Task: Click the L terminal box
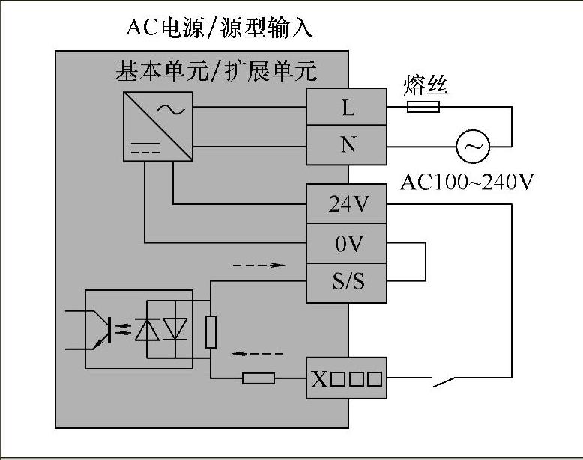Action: pyautogui.click(x=346, y=106)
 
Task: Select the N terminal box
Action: pyautogui.click(x=346, y=145)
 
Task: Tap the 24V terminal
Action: pyautogui.click(x=346, y=204)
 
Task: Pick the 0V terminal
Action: pyautogui.click(x=346, y=244)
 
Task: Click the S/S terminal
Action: pyautogui.click(x=346, y=283)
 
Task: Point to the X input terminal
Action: pyautogui.click(x=346, y=378)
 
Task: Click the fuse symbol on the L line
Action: pyautogui.click(x=423, y=107)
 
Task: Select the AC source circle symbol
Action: pyautogui.click(x=473, y=147)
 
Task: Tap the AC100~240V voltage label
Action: pyautogui.click(x=467, y=182)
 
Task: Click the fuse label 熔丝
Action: pyautogui.click(x=426, y=85)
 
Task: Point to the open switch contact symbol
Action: pyautogui.click(x=444, y=381)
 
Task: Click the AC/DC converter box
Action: pyautogui.click(x=158, y=126)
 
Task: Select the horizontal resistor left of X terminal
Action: pyautogui.click(x=259, y=378)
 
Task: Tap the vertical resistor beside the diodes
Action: pyautogui.click(x=211, y=332)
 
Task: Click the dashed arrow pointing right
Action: pyautogui.click(x=259, y=265)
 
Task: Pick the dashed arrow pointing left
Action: pyautogui.click(x=257, y=354)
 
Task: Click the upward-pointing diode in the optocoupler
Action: pyautogui.click(x=147, y=329)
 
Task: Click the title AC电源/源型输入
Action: pyautogui.click(x=220, y=28)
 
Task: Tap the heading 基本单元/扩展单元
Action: pyautogui.click(x=217, y=70)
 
